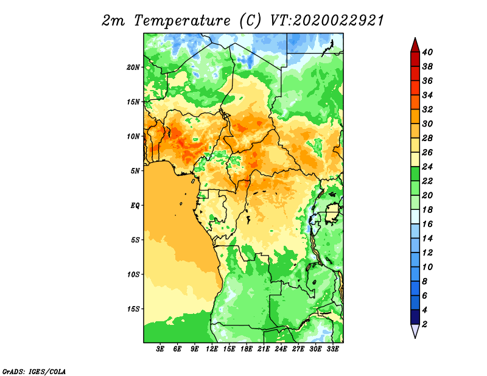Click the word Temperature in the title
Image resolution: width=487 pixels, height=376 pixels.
182,21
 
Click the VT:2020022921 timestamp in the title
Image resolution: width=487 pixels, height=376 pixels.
327,21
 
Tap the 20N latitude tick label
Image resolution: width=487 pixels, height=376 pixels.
133,68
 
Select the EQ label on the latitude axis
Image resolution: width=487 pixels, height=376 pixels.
135,206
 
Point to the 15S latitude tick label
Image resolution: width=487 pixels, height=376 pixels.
133,309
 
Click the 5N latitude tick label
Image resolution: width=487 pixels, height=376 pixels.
135,171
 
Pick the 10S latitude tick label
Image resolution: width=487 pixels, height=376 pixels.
133,274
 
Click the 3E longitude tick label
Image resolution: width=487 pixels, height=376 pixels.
160,349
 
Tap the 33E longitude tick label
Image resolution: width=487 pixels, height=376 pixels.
332,349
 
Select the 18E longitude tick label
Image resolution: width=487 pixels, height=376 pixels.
247,349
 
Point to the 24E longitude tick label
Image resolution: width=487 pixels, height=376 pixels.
281,349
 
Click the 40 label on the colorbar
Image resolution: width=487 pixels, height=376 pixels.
427,52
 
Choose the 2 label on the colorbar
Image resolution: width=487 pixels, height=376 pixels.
425,324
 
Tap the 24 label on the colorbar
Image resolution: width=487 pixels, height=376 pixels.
427,167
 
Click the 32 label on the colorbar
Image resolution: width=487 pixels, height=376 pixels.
427,110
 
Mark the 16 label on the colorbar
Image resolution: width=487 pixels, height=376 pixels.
427,224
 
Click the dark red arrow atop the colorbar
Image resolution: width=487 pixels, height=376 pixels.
415,45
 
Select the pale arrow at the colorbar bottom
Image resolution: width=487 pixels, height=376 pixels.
415,330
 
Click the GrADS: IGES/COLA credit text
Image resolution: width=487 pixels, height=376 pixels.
34,371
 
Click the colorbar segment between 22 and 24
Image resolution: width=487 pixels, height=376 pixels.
415,174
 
